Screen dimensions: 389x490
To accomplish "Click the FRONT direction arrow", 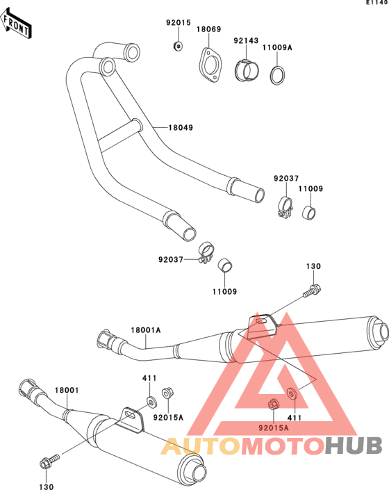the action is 15,24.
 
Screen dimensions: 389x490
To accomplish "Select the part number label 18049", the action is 181,127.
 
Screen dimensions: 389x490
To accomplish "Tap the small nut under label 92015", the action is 178,46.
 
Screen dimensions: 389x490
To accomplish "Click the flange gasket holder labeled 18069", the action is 210,65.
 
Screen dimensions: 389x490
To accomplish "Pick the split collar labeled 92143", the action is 247,70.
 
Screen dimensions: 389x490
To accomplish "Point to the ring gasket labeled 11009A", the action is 277,75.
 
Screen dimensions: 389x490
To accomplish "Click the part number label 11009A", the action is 277,47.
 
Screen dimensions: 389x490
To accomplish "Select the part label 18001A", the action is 145,330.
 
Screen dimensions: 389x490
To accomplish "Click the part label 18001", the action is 67,391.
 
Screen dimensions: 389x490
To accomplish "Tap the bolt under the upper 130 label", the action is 312,291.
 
